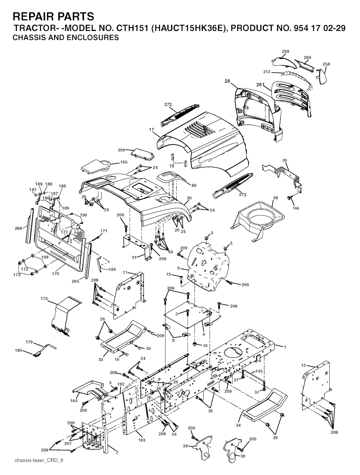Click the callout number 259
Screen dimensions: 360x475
(x=285, y=51)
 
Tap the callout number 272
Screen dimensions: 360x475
(x=168, y=104)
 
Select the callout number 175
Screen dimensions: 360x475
(x=44, y=298)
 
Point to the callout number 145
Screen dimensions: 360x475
(x=259, y=371)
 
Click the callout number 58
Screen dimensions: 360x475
(x=276, y=198)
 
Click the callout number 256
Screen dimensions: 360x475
(x=122, y=150)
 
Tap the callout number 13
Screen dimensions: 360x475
(x=303, y=365)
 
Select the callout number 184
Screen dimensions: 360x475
(x=112, y=269)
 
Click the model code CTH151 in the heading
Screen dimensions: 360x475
(x=132, y=28)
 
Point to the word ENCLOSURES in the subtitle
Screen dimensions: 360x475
(x=92, y=37)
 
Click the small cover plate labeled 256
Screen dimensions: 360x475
(x=143, y=154)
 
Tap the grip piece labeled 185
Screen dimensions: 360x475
(x=38, y=354)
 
